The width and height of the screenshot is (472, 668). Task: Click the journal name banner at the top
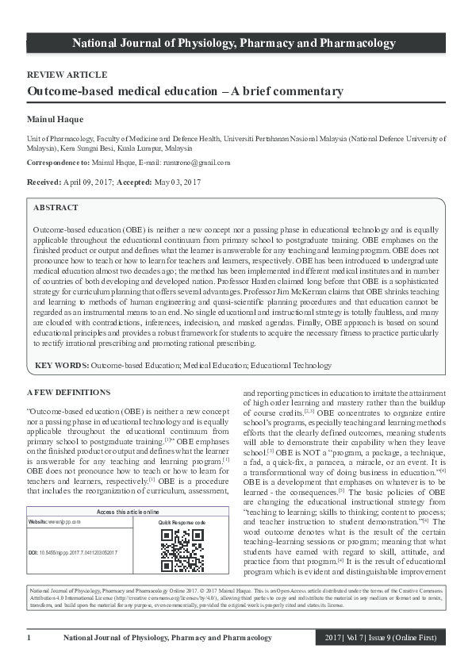236,43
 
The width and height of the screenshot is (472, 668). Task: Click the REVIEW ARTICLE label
67,75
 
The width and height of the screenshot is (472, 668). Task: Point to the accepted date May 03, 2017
175,182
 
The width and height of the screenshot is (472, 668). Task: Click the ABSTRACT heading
56,208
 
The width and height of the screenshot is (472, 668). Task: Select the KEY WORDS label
61,366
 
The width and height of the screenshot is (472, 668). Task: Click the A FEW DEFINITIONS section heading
69,393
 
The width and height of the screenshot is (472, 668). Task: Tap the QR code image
182,551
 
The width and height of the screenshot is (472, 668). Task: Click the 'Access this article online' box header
128,512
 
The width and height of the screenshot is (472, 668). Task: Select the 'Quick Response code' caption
182,523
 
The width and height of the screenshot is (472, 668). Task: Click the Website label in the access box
41,523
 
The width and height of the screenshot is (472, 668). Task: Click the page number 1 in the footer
29,639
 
